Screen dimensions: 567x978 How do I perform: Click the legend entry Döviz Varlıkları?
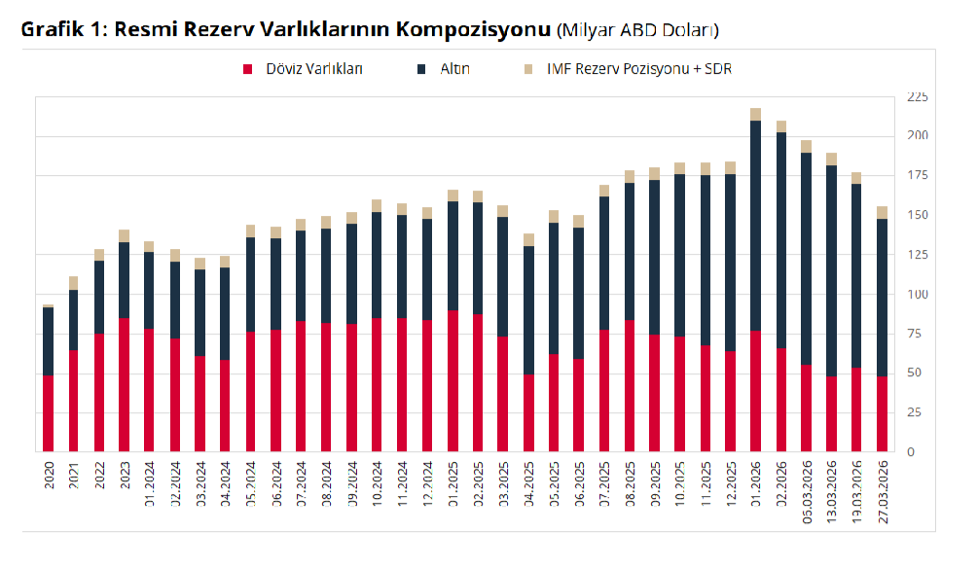314,69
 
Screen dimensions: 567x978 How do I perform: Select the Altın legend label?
454,69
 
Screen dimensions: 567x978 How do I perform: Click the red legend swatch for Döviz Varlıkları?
247,69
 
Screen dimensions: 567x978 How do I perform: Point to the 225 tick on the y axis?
917,97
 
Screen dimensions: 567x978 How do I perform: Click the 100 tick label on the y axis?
917,295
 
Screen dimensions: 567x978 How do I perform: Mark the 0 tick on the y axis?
910,452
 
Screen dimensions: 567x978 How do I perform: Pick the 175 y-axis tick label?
917,176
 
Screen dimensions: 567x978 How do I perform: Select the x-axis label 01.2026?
755,483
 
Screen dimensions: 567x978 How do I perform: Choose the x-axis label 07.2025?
603,483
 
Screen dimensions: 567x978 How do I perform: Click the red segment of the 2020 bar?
48,413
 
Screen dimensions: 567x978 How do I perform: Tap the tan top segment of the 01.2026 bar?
755,114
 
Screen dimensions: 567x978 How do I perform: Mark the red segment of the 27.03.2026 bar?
882,414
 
